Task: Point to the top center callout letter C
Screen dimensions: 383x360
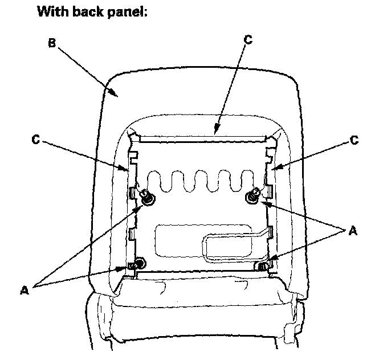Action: point(246,40)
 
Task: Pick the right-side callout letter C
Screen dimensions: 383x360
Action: point(355,140)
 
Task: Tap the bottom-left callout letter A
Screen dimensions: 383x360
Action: point(24,289)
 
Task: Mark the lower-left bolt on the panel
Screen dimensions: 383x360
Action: point(137,263)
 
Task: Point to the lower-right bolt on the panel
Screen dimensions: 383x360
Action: point(263,265)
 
